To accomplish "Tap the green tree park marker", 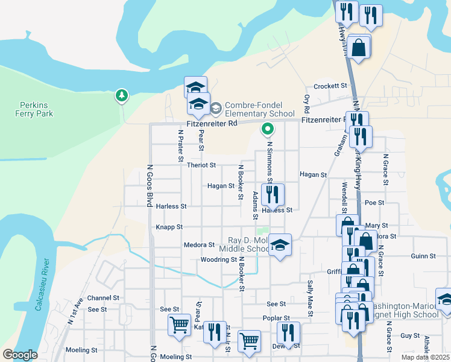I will pyautogui.click(x=122, y=95).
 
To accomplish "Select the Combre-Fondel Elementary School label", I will pyautogui.click(x=259, y=109).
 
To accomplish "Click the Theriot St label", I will pyautogui.click(x=201, y=165).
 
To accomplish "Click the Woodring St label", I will pyautogui.click(x=218, y=260).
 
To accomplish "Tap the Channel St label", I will pyautogui.click(x=104, y=298).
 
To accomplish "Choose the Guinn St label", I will pyautogui.click(x=423, y=256).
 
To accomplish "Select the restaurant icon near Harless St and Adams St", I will pyautogui.click(x=273, y=194).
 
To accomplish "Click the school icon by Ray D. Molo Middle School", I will pyautogui.click(x=280, y=245).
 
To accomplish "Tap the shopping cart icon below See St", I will pyautogui.click(x=180, y=325).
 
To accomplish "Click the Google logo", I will pyautogui.click(x=20, y=355).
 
